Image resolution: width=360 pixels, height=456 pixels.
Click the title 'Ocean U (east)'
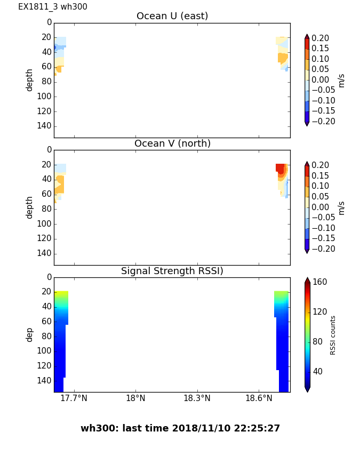pyautogui.click(x=172, y=16)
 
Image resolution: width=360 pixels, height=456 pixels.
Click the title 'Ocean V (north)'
pyautogui.click(x=172, y=143)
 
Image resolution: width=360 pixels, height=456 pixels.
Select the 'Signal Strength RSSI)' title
pyautogui.click(x=172, y=271)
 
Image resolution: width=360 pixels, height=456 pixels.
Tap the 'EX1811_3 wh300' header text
pyautogui.click(x=53, y=7)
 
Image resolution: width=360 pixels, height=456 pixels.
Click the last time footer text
pyautogui.click(x=180, y=428)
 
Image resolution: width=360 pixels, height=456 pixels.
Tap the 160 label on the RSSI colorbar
pyautogui.click(x=320, y=282)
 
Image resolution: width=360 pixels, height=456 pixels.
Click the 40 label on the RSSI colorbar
pyautogui.click(x=318, y=371)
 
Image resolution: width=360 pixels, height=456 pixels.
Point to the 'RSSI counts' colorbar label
pyautogui.click(x=333, y=335)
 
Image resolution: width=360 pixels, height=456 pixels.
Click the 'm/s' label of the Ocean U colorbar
pyautogui.click(x=341, y=81)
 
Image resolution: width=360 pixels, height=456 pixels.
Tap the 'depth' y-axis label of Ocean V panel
pyautogui.click(x=30, y=207)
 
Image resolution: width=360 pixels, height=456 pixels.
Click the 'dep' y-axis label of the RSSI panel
pyautogui.click(x=30, y=334)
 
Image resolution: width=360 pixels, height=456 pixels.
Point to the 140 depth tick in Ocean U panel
pyautogui.click(x=45, y=126)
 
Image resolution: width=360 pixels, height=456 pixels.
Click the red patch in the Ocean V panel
pyautogui.click(x=280, y=167)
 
